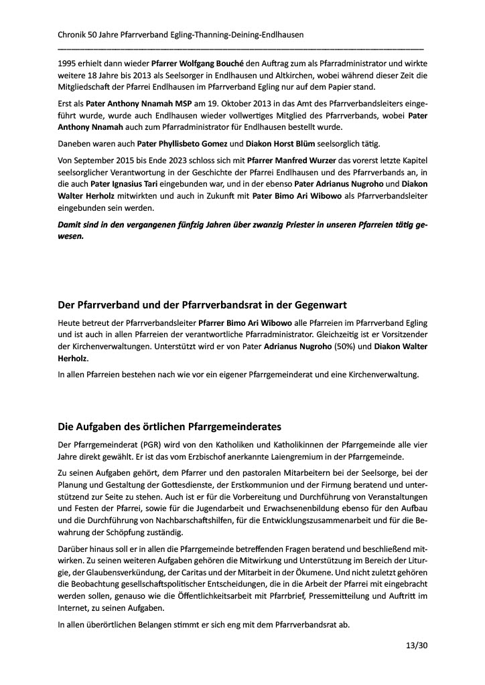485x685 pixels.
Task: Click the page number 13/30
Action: pyautogui.click(x=416, y=646)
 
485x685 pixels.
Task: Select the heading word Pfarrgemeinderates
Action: pyautogui.click(x=232, y=426)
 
